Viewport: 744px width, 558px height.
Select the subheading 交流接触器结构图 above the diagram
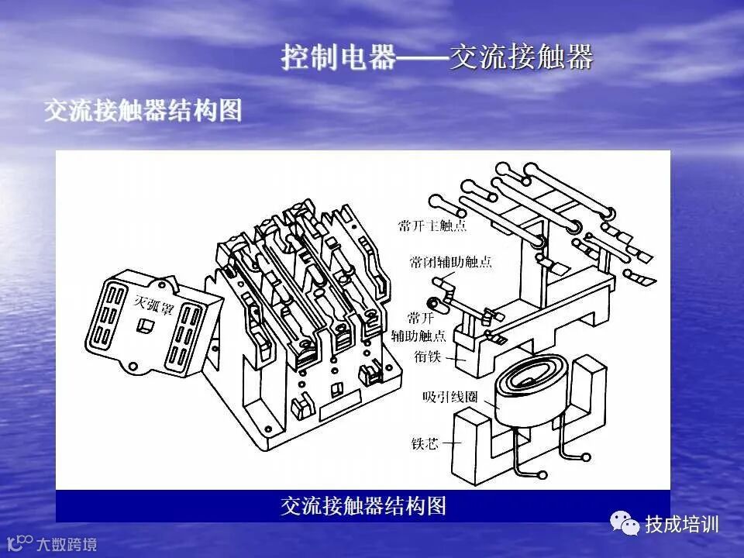143,110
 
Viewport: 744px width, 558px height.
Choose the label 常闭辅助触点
450,262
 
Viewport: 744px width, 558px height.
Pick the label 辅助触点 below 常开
418,336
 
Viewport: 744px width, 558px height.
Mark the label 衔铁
427,357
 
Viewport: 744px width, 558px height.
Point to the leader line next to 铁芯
451,443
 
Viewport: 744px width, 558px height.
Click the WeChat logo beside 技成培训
625,524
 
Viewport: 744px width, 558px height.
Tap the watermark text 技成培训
682,525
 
